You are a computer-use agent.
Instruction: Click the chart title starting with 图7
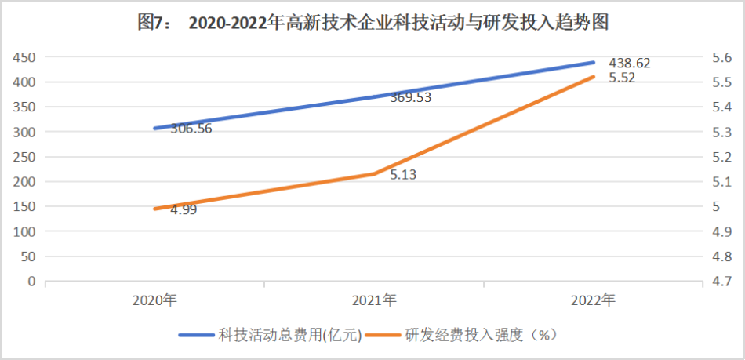click(x=373, y=24)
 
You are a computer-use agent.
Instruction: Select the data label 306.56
click(x=186, y=129)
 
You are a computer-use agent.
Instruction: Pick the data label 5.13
click(x=403, y=175)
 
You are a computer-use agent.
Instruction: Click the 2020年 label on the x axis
click(x=154, y=300)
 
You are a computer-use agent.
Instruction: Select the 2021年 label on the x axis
click(x=374, y=300)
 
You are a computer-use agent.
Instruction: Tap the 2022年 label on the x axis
click(x=594, y=300)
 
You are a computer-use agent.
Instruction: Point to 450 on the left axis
click(x=25, y=57)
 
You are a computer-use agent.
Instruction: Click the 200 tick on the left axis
click(x=25, y=182)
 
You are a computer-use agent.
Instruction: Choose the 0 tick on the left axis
click(x=32, y=281)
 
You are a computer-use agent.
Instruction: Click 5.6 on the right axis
click(x=721, y=57)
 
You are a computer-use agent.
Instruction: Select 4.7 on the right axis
click(x=721, y=281)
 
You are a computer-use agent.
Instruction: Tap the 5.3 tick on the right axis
click(x=721, y=132)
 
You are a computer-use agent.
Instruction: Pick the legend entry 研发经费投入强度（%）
click(x=481, y=335)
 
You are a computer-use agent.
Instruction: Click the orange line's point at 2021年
click(x=374, y=173)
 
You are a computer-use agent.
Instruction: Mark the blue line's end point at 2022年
click(x=594, y=62)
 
